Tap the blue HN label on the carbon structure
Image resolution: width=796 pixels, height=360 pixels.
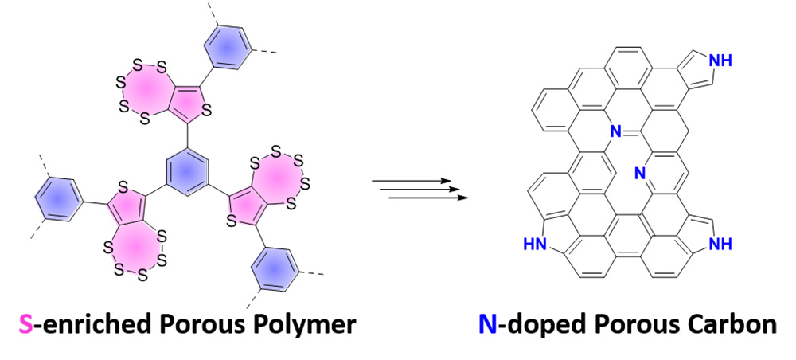pos(535,245)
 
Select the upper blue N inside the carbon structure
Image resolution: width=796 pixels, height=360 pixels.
pos(615,133)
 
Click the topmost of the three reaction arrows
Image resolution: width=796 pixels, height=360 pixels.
pos(412,180)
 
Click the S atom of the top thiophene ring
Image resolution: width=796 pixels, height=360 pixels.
pos(205,112)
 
